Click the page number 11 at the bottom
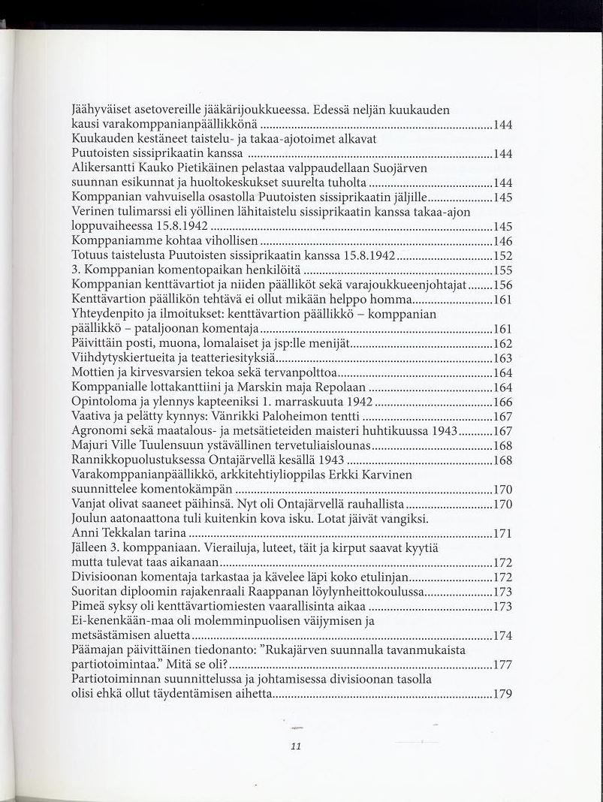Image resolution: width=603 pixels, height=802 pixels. pyautogui.click(x=295, y=746)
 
